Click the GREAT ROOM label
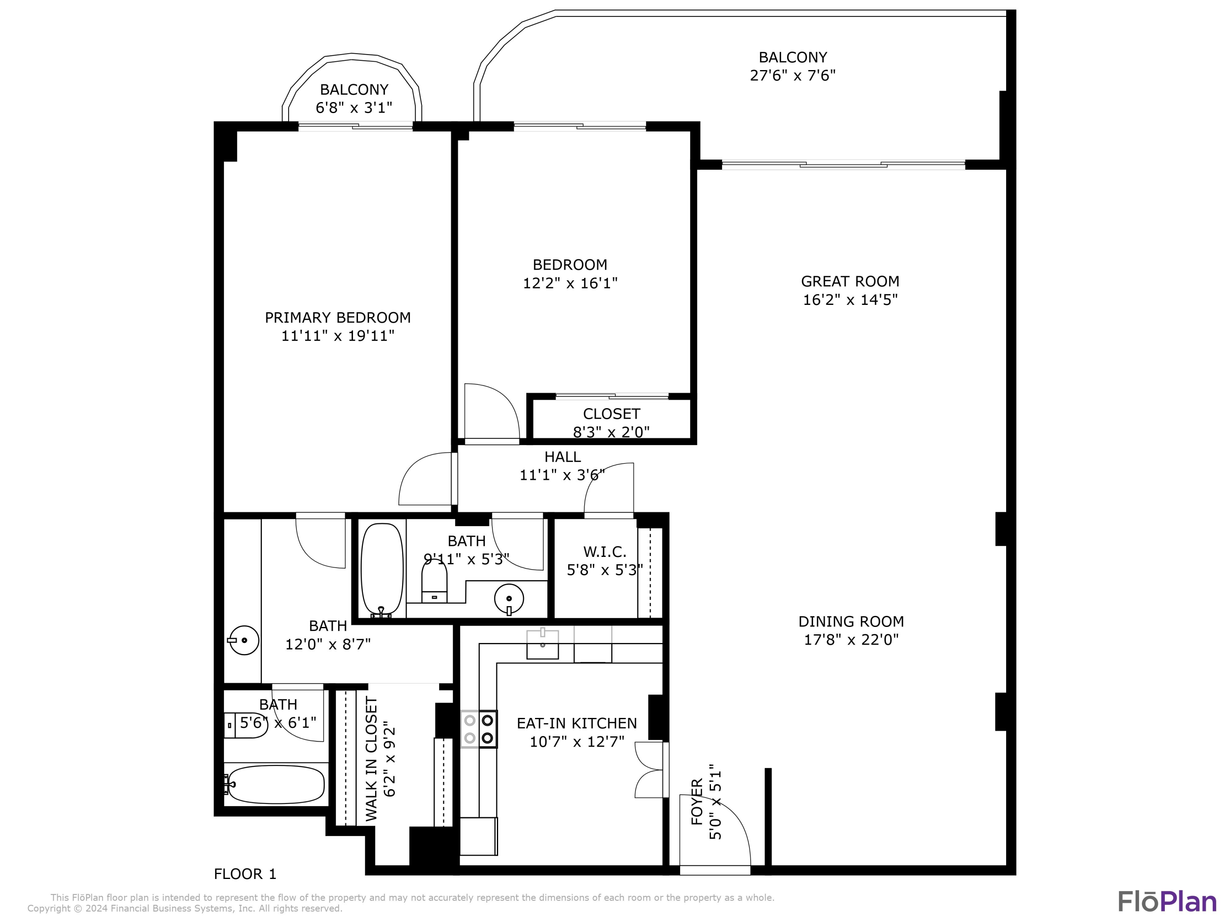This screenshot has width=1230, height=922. point(850,281)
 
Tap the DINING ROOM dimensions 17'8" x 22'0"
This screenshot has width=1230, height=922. point(851,640)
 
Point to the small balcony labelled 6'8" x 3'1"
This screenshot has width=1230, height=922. point(354,98)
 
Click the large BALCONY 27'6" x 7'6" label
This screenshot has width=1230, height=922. point(793,66)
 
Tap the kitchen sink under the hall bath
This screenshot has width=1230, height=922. point(542,644)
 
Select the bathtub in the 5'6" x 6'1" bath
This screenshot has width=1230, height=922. point(276,784)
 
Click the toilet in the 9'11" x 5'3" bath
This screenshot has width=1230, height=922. point(434,582)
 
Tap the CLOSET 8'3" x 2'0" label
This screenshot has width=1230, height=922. point(611,422)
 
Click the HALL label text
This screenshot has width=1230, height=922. point(562,457)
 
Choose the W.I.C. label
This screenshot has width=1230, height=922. point(604,552)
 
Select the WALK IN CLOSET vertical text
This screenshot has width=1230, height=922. point(371,758)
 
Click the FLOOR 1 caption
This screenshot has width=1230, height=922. point(245,874)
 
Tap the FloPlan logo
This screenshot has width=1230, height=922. point(1166,902)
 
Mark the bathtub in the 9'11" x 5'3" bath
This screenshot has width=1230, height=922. point(382,570)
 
